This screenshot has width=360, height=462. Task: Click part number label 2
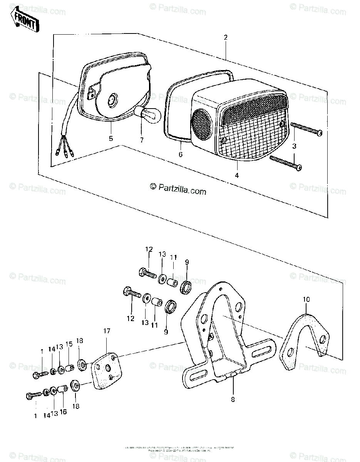click(x=225, y=37)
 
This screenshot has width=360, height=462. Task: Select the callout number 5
click(x=111, y=139)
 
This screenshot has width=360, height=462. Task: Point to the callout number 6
click(x=181, y=154)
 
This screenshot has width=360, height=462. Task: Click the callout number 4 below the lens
click(x=237, y=175)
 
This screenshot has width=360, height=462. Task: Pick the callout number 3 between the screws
click(x=295, y=146)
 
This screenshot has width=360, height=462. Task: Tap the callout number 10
click(x=306, y=299)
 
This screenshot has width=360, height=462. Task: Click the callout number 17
click(x=106, y=331)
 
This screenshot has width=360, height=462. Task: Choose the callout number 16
click(x=63, y=412)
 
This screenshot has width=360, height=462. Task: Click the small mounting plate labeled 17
click(x=106, y=370)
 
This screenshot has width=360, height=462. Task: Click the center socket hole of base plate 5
click(x=112, y=99)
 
